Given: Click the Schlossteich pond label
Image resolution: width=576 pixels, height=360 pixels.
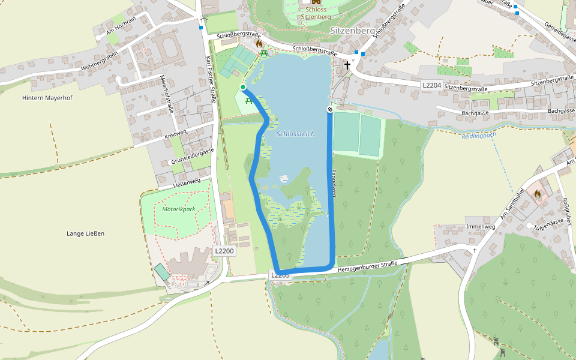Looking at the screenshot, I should pyautogui.click(x=295, y=134).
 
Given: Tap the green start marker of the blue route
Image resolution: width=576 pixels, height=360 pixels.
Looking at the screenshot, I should pyautogui.click(x=243, y=88).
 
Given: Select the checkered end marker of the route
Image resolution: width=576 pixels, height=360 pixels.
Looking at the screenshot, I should pyautogui.click(x=329, y=109).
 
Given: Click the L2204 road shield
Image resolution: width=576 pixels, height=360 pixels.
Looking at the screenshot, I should pyautogui.click(x=431, y=85).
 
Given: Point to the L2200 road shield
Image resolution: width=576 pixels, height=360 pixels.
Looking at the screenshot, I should pyautogui.click(x=223, y=250).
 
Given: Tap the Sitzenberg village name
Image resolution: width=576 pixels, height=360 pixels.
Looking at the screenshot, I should pyautogui.click(x=352, y=29).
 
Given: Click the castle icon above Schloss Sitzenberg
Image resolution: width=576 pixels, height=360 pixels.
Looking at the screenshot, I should pyautogui.click(x=316, y=2).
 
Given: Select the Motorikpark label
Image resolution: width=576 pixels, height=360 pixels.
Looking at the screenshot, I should pyautogui.click(x=179, y=209).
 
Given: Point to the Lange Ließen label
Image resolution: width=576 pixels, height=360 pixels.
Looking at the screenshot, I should pyautogui.click(x=85, y=233).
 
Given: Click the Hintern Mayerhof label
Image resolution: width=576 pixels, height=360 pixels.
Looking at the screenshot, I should pyautogui.click(x=47, y=98).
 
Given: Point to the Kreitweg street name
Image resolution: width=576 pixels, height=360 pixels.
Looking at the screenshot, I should pyautogui.click(x=175, y=134).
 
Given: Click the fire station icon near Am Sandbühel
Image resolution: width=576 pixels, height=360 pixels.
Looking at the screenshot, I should pyautogui.click(x=537, y=194).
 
